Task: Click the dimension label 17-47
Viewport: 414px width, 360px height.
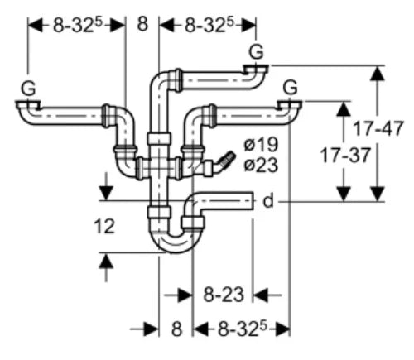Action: pos(378,128)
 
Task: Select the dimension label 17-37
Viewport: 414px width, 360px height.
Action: pos(345,155)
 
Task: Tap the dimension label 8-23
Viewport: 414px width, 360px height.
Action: pos(224,295)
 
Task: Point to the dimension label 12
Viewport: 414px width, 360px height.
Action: pos(104,227)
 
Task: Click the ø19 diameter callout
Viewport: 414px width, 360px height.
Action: pos(261,144)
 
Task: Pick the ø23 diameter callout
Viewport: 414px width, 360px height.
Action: pos(261,166)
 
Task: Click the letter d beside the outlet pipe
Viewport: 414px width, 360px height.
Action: pos(268,200)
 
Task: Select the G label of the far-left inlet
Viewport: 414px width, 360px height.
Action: pos(28,89)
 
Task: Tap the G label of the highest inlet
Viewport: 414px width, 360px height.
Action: pos(256,52)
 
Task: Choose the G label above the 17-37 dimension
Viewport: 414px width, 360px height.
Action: pos(291,88)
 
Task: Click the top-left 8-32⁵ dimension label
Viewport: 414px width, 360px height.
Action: pos(77,26)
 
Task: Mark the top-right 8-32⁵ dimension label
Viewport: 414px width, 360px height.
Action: pos(209,26)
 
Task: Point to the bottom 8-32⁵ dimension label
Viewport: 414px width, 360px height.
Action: pos(243,329)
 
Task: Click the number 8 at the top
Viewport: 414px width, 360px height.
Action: pos(142,24)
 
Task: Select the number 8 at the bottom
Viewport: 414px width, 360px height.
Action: pos(176,329)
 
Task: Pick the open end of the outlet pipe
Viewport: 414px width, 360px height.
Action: pos(253,201)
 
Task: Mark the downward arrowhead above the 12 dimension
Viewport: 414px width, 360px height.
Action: pos(106,193)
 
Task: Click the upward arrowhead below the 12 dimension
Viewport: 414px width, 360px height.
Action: pos(106,261)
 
